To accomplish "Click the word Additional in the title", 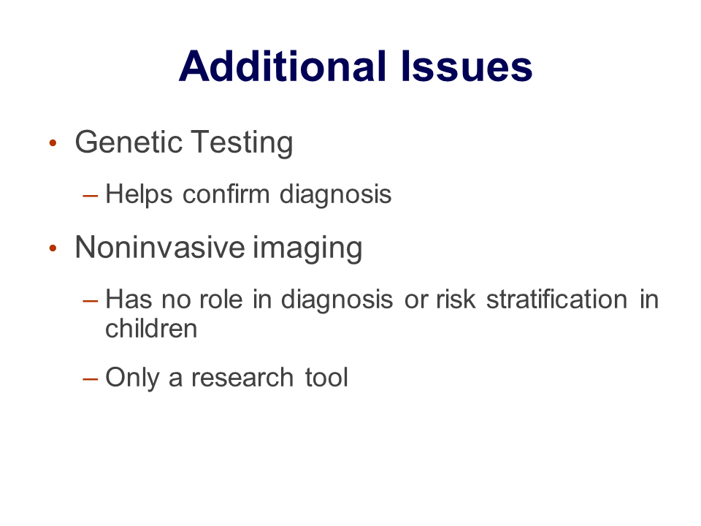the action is [283, 66].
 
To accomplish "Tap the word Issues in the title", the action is [467, 66].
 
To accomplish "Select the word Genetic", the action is [129, 142].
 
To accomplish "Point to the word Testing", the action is [242, 143].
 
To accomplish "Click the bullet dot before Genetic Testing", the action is [53, 143].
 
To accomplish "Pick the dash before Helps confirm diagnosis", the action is [91, 196].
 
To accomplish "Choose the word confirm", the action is [226, 194].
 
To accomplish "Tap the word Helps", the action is [139, 195].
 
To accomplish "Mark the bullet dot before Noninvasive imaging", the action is [53, 248].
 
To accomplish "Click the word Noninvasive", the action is [160, 247].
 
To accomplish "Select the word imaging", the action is [307, 248].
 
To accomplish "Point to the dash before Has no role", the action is [91, 300].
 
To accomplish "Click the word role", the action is [221, 300].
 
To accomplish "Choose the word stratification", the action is [557, 300].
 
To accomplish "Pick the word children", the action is [151, 329].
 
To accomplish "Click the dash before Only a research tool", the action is [91, 379].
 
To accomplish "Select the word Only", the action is [132, 378].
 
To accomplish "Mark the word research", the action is [242, 378].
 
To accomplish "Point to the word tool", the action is [326, 378].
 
